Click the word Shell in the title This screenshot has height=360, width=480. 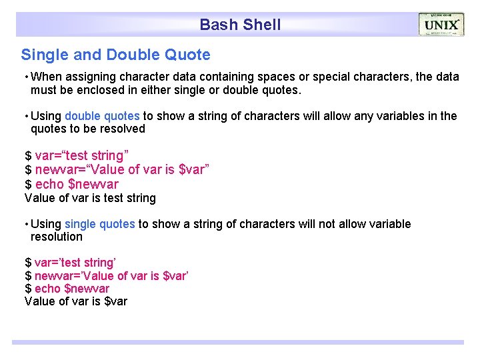tap(261, 25)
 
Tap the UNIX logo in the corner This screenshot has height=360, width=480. tap(441, 25)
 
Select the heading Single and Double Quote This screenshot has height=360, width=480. tap(115, 55)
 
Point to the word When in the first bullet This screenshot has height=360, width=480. tap(47, 77)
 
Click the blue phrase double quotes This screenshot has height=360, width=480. tap(102, 116)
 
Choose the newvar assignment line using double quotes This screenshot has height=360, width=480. tap(117, 170)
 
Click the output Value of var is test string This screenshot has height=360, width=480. tap(90, 198)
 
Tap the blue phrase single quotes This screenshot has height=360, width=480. tap(100, 224)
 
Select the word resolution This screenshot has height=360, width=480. tap(57, 237)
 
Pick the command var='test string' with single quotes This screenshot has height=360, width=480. tap(70, 263)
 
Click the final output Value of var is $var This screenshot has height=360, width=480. tap(75, 301)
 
